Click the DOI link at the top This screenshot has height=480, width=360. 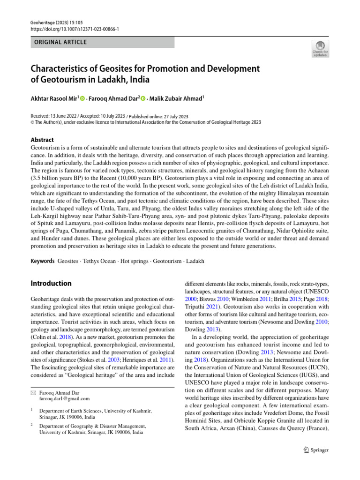pos(75,29)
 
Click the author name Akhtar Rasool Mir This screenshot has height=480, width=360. pos(54,99)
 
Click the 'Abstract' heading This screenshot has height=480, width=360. pos(42,140)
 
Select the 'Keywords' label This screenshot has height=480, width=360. pos(42,261)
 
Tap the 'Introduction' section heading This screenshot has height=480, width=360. pos(51,284)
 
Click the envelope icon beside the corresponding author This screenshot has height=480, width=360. pos(33,392)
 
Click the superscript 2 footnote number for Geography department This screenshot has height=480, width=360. pos(32,425)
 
